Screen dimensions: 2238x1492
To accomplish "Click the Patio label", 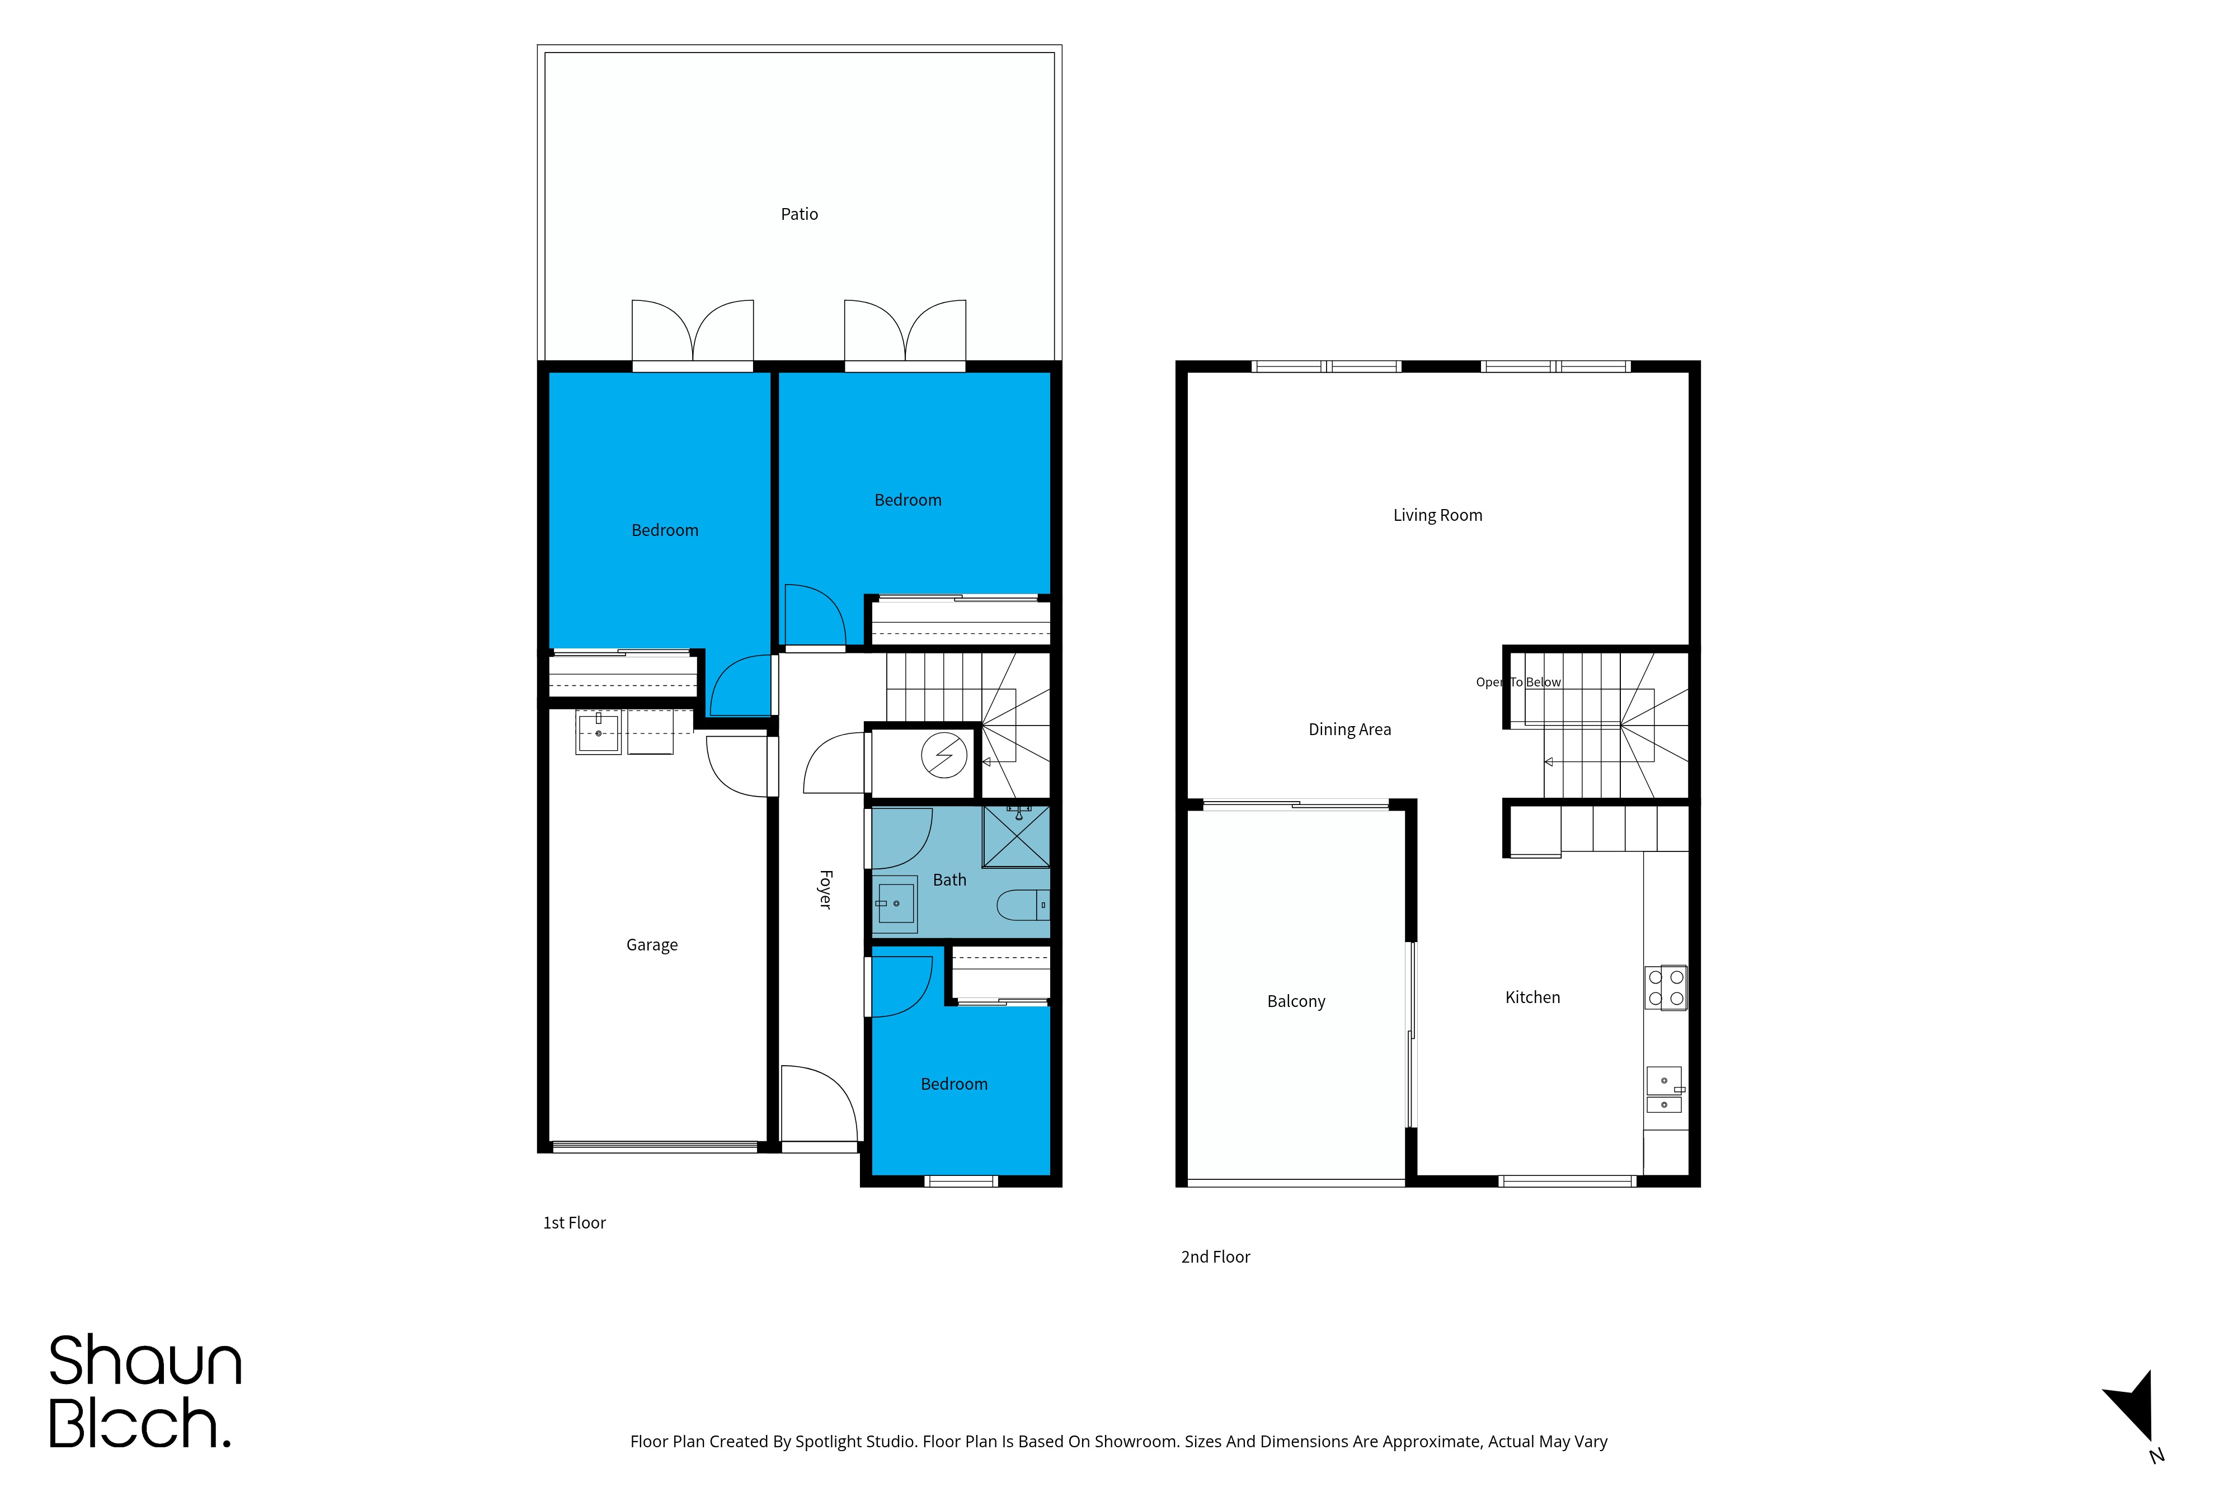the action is (x=800, y=214).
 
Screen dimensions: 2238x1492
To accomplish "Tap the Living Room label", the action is (x=1438, y=515).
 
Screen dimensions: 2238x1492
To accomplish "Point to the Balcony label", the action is (x=1296, y=1001).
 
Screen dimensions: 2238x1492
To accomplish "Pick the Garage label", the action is (x=652, y=945).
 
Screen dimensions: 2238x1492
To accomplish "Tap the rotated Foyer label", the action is (x=825, y=889).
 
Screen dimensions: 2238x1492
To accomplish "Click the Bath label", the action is (x=949, y=880).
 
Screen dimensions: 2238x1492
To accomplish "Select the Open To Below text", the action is (x=1518, y=683).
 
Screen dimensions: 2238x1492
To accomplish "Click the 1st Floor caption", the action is (x=574, y=1223).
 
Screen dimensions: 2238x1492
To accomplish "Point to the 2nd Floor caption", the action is (x=1215, y=1257).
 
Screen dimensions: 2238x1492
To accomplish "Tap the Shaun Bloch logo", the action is (x=145, y=1391).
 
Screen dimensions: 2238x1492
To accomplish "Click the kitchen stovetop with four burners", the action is (x=1666, y=988).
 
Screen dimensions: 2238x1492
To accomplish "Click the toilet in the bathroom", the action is (x=1023, y=905).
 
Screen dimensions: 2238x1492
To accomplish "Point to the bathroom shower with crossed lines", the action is (x=1016, y=836).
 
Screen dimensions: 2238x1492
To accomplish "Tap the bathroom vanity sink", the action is (x=895, y=902).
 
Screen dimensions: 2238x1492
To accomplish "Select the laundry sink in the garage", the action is (x=599, y=733).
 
